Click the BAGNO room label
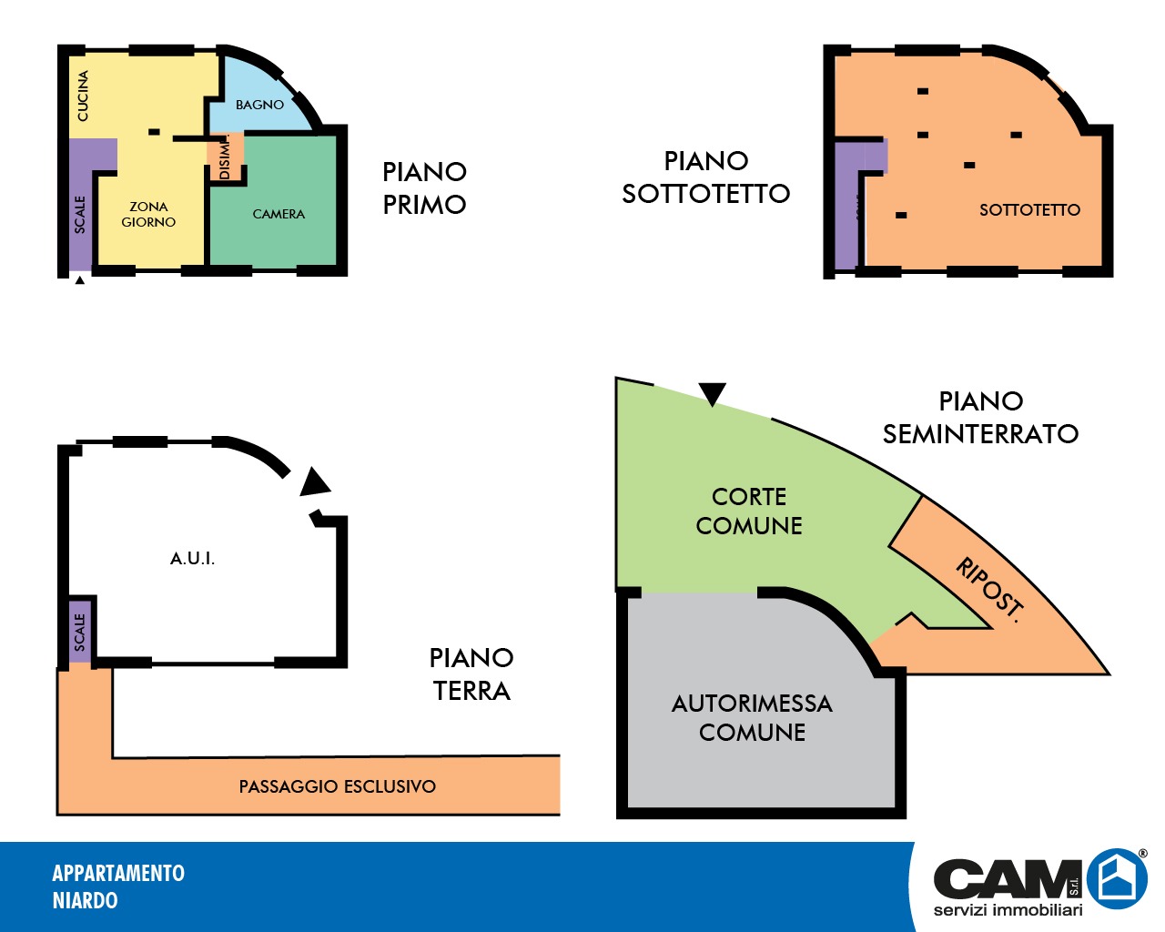click(x=259, y=105)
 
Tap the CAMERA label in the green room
click(x=279, y=214)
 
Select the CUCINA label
click(x=83, y=96)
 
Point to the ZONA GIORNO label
click(x=148, y=214)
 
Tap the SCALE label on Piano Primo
click(x=80, y=214)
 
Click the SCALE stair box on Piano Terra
click(x=80, y=631)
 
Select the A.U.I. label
click(x=193, y=558)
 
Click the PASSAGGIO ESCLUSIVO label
click(x=337, y=786)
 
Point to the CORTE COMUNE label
click(x=749, y=511)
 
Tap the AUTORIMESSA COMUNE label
click(x=752, y=717)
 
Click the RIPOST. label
click(x=989, y=590)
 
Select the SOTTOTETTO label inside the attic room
click(x=1029, y=210)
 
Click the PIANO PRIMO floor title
click(x=424, y=188)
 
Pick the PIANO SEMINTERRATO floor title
click(x=980, y=418)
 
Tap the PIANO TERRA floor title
click(x=471, y=674)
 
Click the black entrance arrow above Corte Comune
click(x=713, y=393)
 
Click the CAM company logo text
click(x=1006, y=879)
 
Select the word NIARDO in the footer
click(x=85, y=900)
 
